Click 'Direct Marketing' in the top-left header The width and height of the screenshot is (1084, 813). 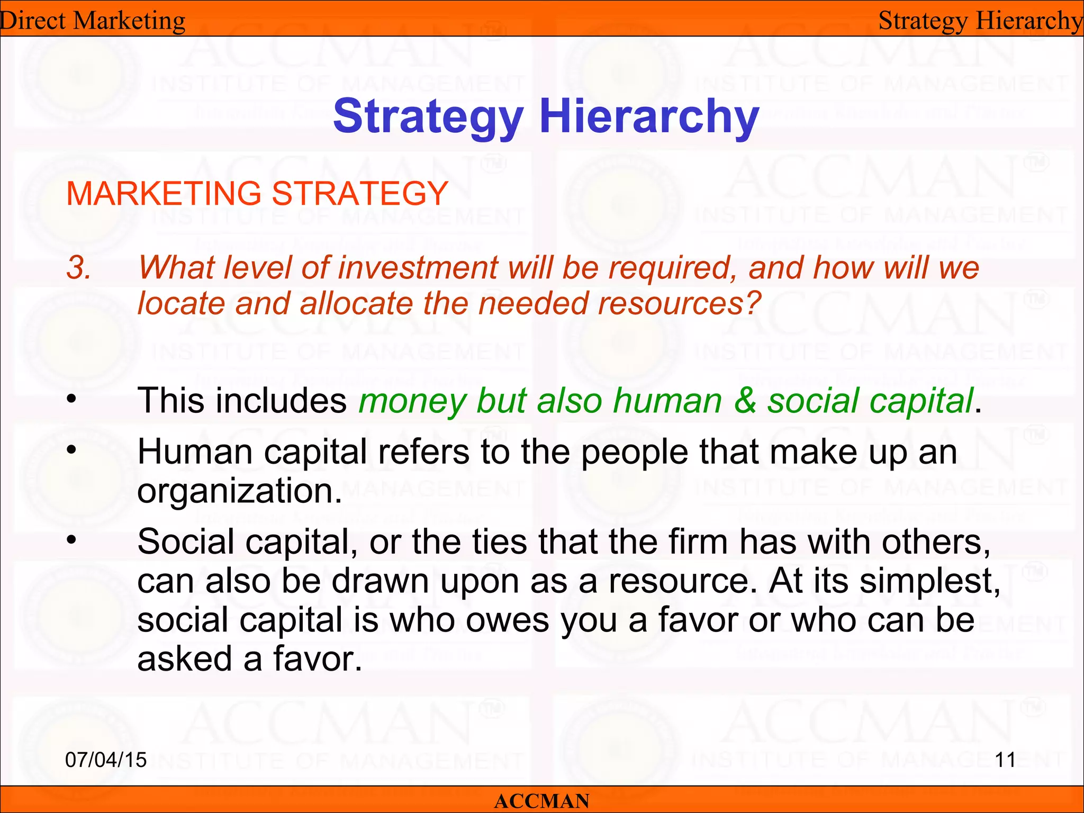coord(93,21)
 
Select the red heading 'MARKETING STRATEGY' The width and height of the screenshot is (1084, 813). coord(257,193)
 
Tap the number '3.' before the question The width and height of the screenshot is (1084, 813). coord(79,268)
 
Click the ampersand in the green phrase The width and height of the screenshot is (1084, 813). coord(745,401)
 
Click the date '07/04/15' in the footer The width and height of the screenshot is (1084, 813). coord(106,760)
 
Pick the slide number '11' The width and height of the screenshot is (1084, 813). coord(1005,760)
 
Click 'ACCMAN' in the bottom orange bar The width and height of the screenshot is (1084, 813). coord(541,801)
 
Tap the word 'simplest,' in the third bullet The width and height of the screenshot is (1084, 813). coord(929,582)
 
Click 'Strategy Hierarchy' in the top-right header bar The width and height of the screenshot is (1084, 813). coord(980,21)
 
